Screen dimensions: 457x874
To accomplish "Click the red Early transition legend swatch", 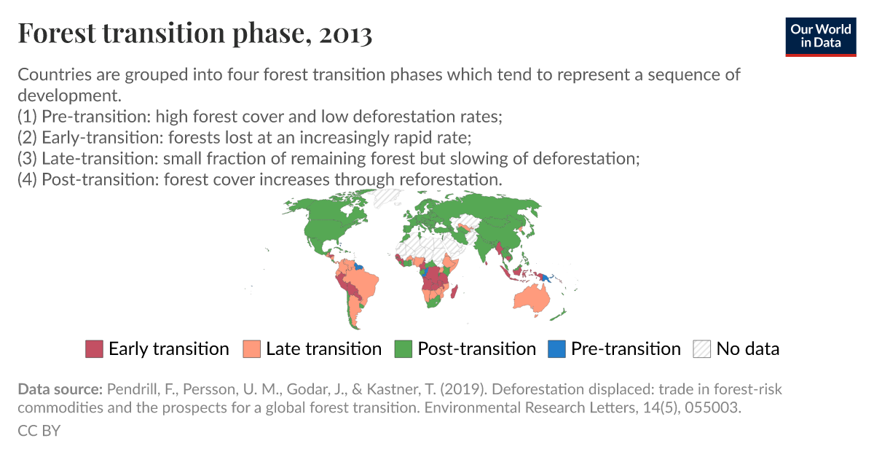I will tap(95, 349).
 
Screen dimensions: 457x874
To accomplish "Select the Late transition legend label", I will tap(323, 349).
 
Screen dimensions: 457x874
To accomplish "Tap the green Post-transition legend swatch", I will tap(403, 349).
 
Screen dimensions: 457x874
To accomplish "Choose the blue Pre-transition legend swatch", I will tap(556, 349).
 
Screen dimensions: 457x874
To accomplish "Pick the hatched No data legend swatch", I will tap(702, 349).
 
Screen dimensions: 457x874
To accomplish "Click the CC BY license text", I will tap(39, 431).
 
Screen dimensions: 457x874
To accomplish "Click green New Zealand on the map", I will tap(558, 313).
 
